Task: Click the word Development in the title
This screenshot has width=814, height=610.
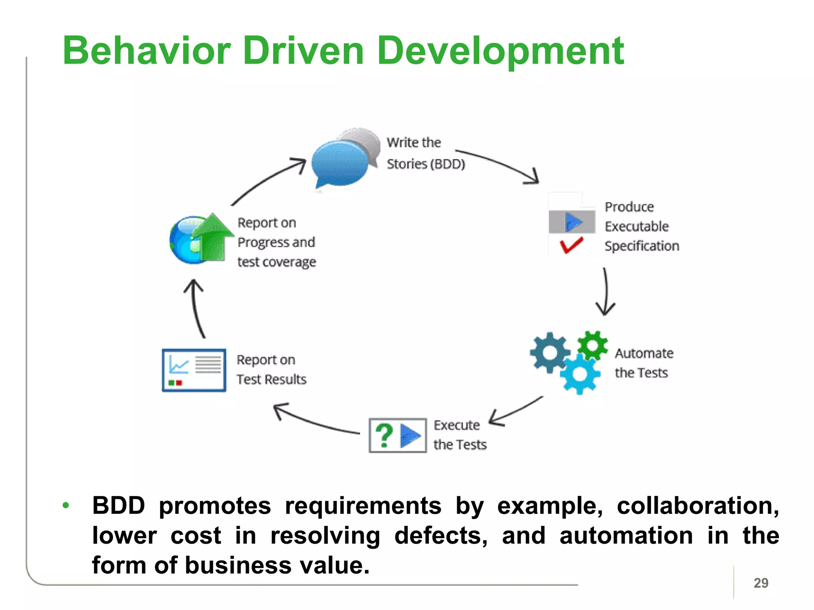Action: click(500, 52)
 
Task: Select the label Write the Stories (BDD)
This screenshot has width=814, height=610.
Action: click(425, 153)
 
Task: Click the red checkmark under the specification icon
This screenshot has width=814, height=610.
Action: click(571, 245)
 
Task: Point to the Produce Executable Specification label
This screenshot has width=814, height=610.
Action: click(641, 226)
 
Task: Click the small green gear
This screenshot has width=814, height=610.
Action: click(593, 345)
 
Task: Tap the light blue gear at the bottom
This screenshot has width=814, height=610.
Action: click(580, 374)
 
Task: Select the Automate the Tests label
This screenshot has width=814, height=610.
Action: click(643, 363)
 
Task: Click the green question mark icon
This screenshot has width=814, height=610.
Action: click(384, 435)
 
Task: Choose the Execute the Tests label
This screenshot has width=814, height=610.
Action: click(459, 435)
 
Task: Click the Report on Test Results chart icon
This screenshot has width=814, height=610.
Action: click(194, 370)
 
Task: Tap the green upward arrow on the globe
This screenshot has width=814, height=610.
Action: click(213, 238)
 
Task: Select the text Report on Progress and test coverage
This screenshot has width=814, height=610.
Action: click(276, 242)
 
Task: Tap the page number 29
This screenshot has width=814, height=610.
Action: click(760, 583)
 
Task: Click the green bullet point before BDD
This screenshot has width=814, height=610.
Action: click(66, 506)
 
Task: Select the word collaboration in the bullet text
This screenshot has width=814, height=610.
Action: click(698, 506)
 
